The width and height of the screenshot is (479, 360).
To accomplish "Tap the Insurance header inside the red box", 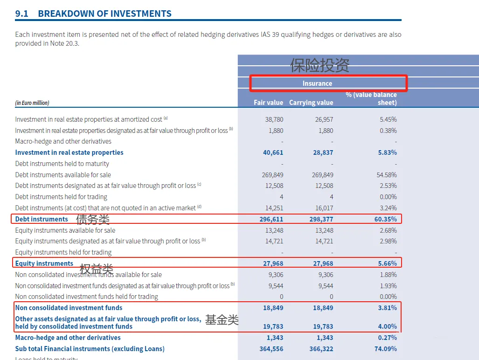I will click(317, 83).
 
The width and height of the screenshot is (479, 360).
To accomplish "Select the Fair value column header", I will click(268, 103).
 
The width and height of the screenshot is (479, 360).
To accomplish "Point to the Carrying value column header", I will click(311, 103).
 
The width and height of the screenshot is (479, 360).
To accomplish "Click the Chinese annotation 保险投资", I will click(319, 65).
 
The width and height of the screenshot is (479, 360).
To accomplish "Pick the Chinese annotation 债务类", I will click(93, 219).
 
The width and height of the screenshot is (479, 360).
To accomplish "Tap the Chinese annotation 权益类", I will click(97, 269).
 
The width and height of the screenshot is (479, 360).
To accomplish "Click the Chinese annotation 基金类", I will click(222, 320).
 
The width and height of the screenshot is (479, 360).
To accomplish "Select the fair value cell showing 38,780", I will click(274, 119).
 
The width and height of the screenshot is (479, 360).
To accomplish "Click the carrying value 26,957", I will click(324, 119).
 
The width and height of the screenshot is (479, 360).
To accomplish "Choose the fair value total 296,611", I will click(271, 219).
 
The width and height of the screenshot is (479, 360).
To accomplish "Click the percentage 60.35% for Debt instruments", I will click(385, 219).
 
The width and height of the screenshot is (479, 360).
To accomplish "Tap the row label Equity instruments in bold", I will click(44, 263).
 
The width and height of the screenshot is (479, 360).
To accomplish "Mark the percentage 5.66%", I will click(388, 263).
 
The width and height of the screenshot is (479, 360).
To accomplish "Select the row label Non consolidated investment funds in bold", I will click(69, 308).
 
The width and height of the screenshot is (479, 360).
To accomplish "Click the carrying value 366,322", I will click(321, 349).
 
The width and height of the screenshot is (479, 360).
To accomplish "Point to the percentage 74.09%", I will click(385, 349).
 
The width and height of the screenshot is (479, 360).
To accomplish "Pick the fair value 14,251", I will click(273, 208).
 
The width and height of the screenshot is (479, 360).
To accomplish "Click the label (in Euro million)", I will click(32, 103).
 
